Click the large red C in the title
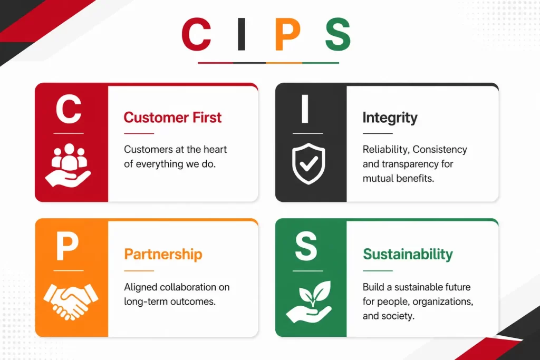[196, 34]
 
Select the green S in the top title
[338, 34]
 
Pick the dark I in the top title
[242, 34]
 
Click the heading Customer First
[172, 118]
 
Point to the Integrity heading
[390, 118]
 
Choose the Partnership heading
[163, 255]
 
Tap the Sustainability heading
[408, 255]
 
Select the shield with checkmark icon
[308, 164]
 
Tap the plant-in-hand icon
[309, 302]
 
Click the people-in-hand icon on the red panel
[68, 165]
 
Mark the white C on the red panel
[69, 109]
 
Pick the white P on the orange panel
[67, 246]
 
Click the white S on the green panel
[306, 246]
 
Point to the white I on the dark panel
[305, 109]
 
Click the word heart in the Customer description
[215, 149]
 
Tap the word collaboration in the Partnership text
[188, 287]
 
